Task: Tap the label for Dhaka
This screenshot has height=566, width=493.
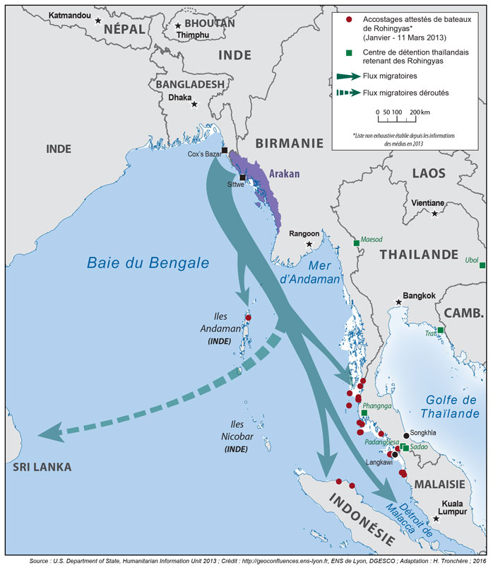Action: click(180, 98)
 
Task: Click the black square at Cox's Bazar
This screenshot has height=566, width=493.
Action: click(224, 151)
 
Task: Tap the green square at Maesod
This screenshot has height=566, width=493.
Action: click(357, 243)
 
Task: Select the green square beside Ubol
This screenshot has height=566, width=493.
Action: click(482, 265)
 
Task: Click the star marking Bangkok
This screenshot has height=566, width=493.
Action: click(399, 302)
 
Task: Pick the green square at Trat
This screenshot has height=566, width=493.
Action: click(440, 330)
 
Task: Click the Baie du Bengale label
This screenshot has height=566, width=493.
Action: click(148, 262)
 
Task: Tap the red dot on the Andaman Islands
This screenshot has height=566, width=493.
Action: click(248, 318)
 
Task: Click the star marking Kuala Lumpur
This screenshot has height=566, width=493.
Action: click(436, 519)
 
